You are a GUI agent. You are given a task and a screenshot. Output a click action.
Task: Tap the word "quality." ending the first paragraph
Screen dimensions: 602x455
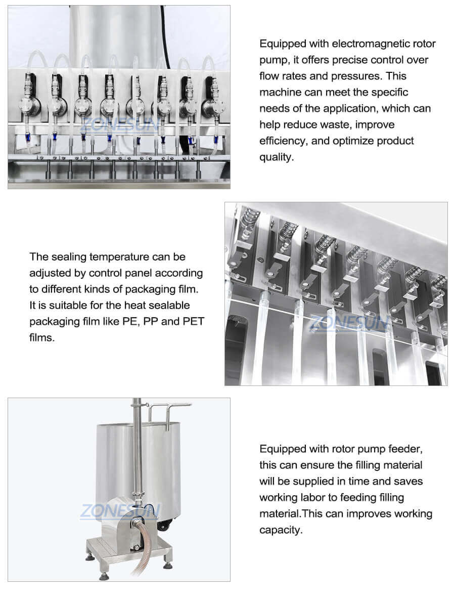coord(276,157)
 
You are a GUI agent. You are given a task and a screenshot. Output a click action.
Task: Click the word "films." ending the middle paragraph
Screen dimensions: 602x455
coord(41,337)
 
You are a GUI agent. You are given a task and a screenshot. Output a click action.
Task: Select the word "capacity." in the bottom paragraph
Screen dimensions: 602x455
coord(281,530)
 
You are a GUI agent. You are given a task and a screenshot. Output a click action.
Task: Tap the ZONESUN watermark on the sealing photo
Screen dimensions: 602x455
coord(348,322)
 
